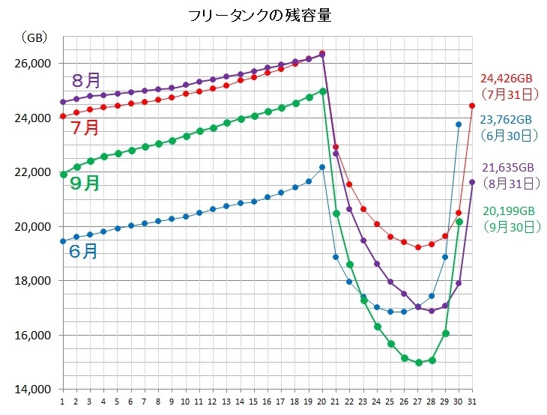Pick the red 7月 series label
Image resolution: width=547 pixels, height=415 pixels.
pos(85,127)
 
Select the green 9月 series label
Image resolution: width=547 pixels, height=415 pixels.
pos(84,183)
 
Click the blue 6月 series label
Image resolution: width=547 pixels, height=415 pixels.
pos(83,251)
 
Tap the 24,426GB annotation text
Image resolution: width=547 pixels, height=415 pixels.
pos(507,78)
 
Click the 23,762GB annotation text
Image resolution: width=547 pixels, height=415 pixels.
pos(506,119)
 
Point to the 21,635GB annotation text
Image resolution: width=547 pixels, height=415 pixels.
pos(506,167)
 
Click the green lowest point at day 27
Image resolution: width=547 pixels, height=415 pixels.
pos(418,363)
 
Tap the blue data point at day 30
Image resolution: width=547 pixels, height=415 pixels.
pos(459,124)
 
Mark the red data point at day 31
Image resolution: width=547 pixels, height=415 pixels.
pos(472,106)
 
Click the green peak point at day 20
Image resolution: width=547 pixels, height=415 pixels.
pos(323,91)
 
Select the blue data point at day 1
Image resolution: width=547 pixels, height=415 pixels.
pos(63,241)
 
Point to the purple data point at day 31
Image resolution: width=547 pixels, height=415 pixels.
pos(472,182)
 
